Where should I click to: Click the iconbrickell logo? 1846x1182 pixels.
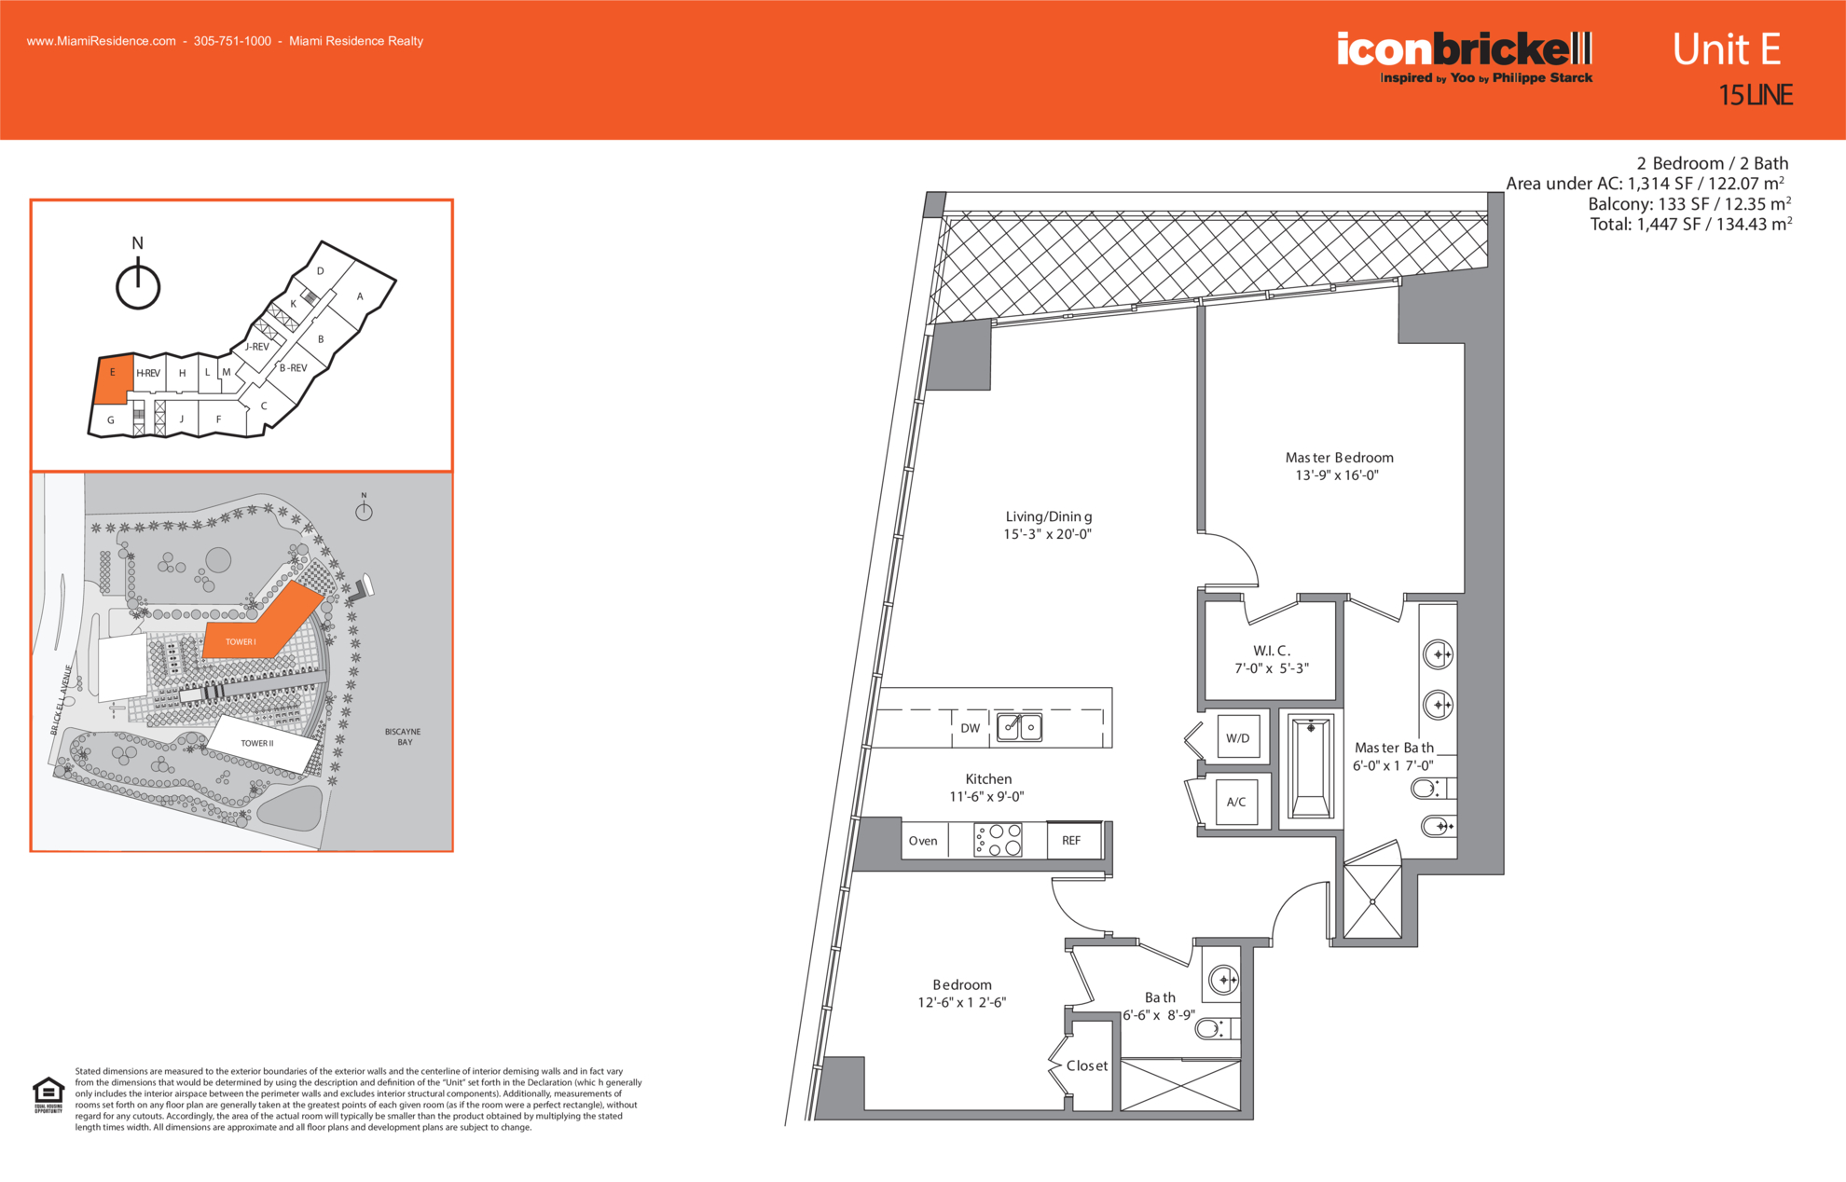1465,57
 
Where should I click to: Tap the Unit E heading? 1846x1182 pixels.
1726,49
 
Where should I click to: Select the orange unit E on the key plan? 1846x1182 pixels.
113,379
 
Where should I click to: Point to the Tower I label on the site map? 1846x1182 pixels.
241,641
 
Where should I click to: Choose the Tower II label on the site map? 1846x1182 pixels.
257,743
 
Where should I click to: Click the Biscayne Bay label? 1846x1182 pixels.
403,736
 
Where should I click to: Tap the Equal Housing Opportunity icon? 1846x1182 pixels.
48,1094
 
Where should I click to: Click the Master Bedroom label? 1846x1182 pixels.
1339,458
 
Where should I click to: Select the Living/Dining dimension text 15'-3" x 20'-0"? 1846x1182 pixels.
1047,534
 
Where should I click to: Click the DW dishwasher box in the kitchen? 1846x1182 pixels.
971,728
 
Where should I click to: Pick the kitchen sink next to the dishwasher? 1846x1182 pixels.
1019,726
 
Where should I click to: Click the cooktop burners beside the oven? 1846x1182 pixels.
998,840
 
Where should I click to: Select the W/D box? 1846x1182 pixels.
1238,738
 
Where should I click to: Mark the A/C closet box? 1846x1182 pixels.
1236,802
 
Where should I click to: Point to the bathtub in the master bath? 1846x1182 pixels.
1311,766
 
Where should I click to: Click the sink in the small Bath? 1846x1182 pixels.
1223,980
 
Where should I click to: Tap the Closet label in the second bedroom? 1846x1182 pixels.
1087,1065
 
